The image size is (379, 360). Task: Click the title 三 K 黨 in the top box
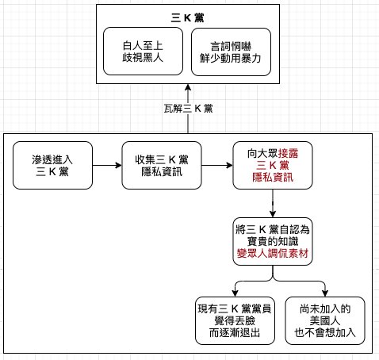[187, 18]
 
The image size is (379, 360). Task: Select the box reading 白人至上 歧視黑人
[143, 52]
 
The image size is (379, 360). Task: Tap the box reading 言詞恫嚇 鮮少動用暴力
[231, 52]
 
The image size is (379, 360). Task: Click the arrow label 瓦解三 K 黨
[188, 109]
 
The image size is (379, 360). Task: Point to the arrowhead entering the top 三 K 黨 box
[188, 87]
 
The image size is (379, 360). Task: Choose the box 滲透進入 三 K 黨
[52, 166]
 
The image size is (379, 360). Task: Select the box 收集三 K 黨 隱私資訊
[162, 166]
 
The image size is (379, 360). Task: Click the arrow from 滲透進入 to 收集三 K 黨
[107, 166]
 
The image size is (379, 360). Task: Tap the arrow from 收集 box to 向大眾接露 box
[217, 166]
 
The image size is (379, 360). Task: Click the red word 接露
[288, 154]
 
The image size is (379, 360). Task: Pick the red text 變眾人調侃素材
[273, 254]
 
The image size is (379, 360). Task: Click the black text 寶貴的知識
[273, 242]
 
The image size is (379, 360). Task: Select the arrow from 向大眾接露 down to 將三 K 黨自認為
[273, 203]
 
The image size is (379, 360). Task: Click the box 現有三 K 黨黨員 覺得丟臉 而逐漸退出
[235, 320]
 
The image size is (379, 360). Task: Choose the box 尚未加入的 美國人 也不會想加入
[325, 320]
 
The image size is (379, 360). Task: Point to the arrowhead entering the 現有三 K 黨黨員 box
[235, 293]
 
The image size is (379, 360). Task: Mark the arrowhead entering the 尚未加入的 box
[325, 293]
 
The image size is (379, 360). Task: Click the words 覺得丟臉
[235, 320]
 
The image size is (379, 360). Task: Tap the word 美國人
[325, 320]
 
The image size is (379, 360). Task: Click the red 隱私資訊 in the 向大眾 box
[273, 178]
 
